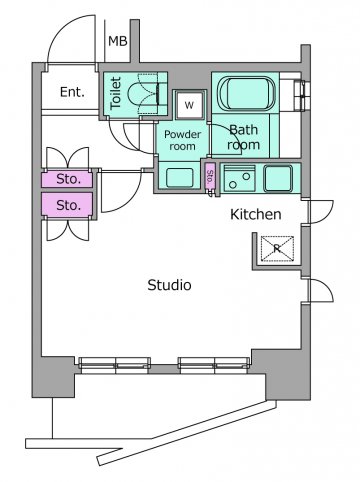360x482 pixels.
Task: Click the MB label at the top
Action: tap(118, 41)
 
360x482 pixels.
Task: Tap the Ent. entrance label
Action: tap(72, 92)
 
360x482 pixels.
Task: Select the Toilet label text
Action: tap(115, 93)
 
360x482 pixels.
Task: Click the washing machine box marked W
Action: tap(189, 105)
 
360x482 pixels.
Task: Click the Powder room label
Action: tap(182, 140)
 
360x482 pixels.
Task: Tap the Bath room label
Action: tap(243, 137)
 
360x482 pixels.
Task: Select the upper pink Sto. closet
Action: tap(67, 179)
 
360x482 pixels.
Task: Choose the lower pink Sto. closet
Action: tap(67, 205)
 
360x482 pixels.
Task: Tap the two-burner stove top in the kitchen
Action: tap(239, 179)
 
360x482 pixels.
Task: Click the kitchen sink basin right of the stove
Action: tap(278, 178)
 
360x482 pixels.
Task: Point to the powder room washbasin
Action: tap(180, 178)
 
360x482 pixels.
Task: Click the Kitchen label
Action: tap(256, 214)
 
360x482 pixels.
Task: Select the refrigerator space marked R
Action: tap(277, 248)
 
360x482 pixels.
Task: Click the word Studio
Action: tap(169, 285)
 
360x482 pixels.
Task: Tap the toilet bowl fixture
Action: tap(144, 94)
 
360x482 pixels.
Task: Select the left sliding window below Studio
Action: tap(115, 364)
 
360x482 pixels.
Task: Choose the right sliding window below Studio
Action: tap(214, 364)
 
